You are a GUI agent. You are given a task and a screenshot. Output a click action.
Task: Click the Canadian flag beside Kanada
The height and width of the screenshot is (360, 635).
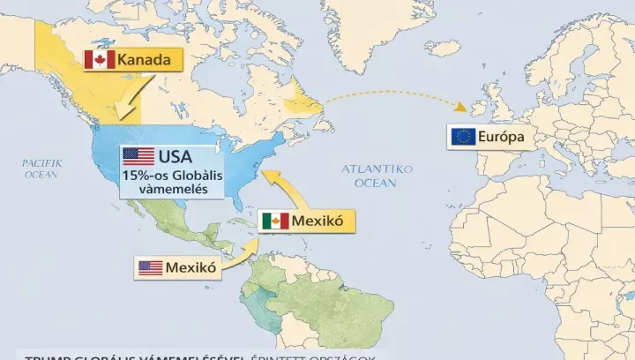(99, 60)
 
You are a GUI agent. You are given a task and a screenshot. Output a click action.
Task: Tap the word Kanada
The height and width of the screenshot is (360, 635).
(146, 60)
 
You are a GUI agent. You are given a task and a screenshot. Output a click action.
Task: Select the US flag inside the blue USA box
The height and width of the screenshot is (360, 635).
(138, 157)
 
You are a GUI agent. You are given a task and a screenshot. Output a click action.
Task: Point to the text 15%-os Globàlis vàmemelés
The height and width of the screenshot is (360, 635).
(173, 183)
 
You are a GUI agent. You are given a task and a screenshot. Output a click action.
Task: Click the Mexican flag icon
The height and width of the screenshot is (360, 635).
(274, 221)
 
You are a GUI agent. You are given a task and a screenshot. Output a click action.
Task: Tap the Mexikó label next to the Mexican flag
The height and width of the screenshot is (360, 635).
(318, 221)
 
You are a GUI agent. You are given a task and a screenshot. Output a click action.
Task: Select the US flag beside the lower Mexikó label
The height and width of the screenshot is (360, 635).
(150, 267)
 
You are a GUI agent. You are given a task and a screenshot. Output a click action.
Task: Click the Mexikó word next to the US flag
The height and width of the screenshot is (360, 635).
(191, 267)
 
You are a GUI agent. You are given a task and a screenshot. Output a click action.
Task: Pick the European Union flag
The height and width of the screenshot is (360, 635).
(463, 137)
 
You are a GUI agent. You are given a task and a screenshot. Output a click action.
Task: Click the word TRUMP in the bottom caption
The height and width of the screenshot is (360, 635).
(46, 357)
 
